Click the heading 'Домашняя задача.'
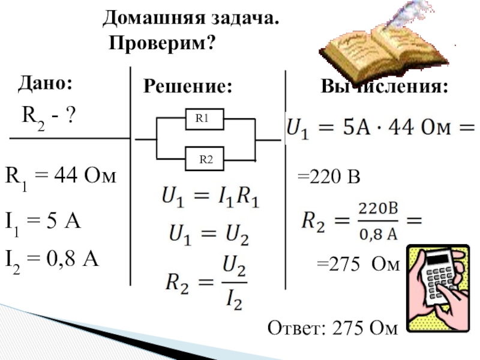[x=191, y=18]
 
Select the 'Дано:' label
[x=45, y=83]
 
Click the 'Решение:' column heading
[x=187, y=88]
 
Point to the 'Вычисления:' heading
[x=385, y=88]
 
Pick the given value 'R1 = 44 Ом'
[x=61, y=176]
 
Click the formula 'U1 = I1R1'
[x=209, y=197]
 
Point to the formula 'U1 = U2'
[x=208, y=236]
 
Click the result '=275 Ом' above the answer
[x=358, y=265]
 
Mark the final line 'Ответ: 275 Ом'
[x=332, y=329]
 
